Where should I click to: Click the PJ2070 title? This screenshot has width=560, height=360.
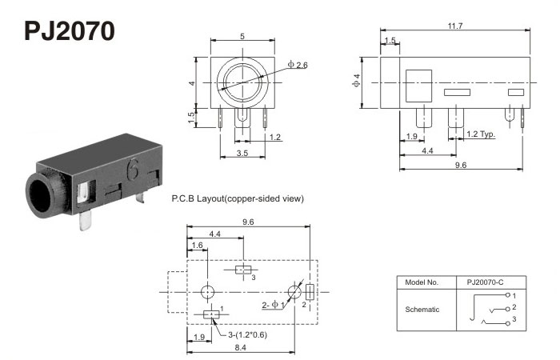[70, 30]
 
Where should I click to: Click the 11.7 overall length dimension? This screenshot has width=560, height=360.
[454, 26]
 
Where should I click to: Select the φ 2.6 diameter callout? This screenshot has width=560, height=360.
[298, 64]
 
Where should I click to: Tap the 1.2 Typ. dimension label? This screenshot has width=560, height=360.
[481, 134]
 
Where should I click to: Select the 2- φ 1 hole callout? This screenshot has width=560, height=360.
[274, 305]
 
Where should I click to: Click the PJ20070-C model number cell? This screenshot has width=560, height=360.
[486, 282]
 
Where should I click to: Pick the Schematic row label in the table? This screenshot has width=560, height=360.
[423, 309]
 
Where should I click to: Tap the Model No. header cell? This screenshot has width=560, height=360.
[422, 282]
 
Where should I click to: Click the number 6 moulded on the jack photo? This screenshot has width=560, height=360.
[132, 170]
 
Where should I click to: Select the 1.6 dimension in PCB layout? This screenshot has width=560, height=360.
[197, 246]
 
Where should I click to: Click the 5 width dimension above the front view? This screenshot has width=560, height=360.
[242, 35]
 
